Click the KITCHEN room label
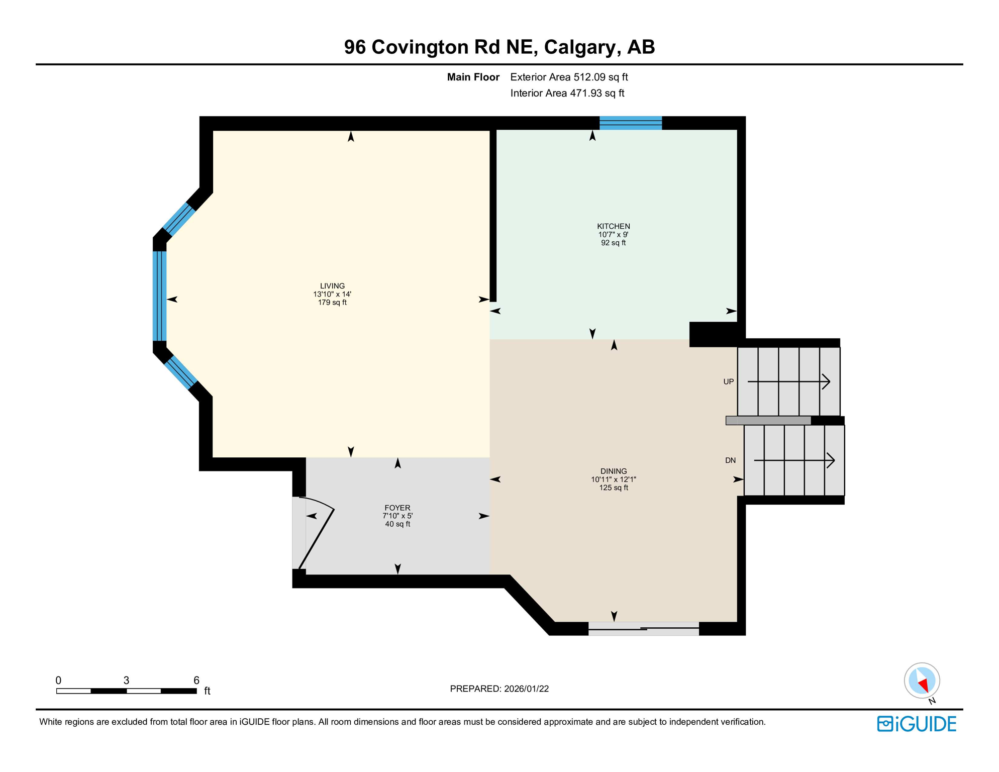point(613,226)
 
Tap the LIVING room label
point(332,286)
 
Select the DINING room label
point(613,471)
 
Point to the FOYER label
point(397,508)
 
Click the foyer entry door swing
point(317,533)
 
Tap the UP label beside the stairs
point(728,382)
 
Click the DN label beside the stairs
point(730,460)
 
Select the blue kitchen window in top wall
point(630,123)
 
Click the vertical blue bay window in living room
point(159,296)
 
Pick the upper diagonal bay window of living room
point(179,219)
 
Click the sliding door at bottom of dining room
point(643,628)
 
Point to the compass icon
point(922,681)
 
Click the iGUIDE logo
point(916,724)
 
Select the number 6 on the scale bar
point(196,680)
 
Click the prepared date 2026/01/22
point(524,689)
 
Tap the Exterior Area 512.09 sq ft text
point(569,77)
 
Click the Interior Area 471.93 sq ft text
point(567,93)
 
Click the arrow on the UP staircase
point(788,382)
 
